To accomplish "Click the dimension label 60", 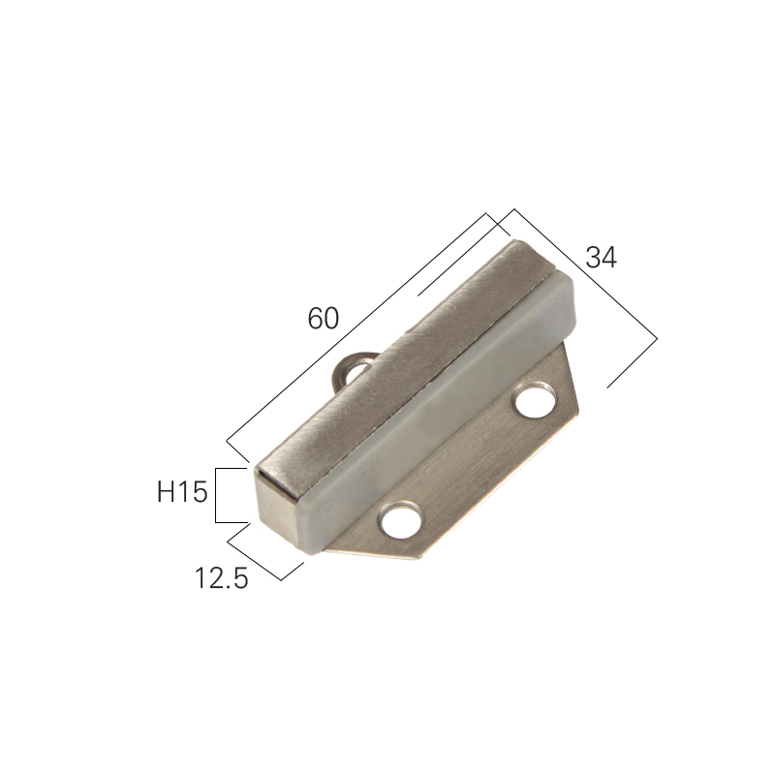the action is [x=324, y=318].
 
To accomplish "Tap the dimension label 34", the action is [x=601, y=258].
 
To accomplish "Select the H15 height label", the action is [x=182, y=492].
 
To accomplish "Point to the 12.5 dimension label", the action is [x=221, y=577].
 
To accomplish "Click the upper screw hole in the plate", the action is [x=535, y=400].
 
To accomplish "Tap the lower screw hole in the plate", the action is [x=401, y=519].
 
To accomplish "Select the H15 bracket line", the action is [x=216, y=495].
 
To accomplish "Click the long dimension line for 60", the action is [x=356, y=326].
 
